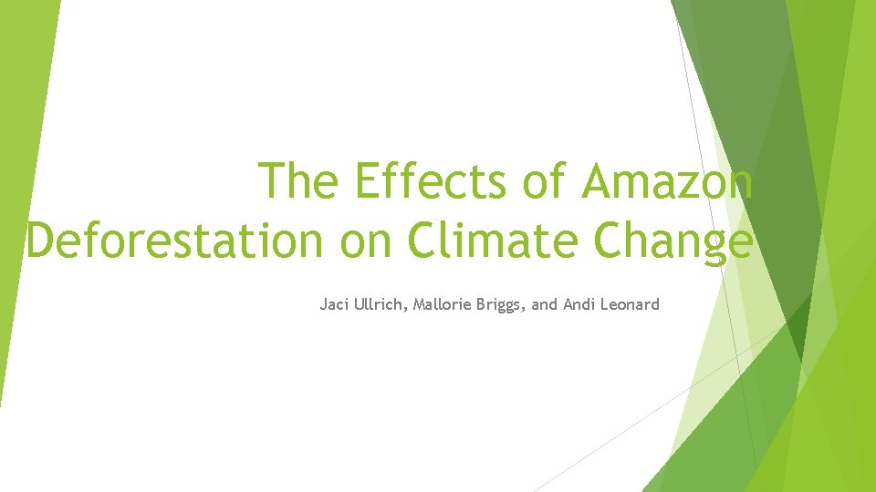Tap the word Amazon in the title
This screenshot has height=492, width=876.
tap(667, 180)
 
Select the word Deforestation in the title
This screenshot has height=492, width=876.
tap(174, 241)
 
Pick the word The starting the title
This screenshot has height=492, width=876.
tap(298, 180)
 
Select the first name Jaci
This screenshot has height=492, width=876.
tap(333, 304)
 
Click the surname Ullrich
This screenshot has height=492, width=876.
tap(380, 304)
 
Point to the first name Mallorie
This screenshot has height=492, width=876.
tap(445, 304)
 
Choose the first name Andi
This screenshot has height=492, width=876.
tap(576, 304)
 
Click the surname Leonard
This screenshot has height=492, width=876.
tap(629, 304)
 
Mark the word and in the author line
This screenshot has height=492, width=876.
tap(544, 304)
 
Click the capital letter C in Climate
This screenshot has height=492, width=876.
tap(424, 241)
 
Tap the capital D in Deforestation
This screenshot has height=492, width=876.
tap(40, 241)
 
